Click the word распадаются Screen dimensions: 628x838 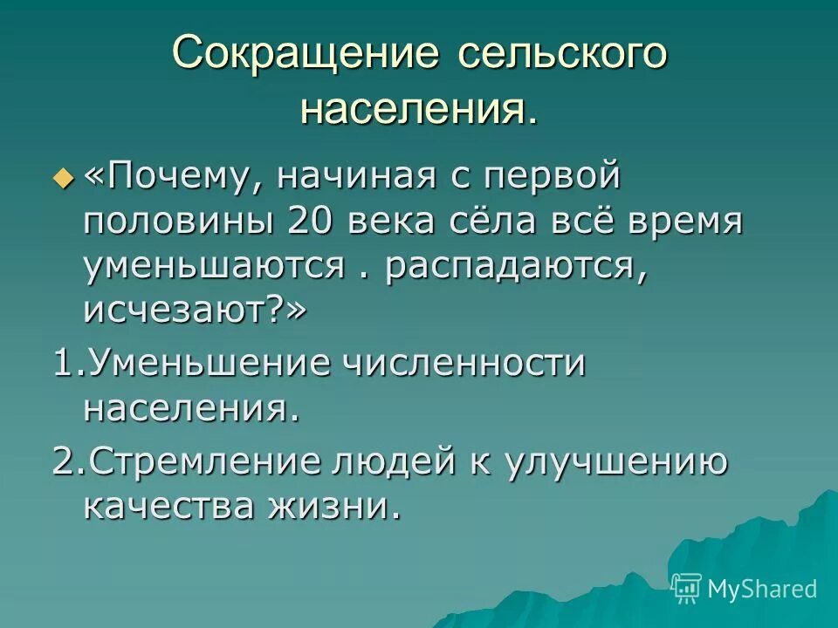(x=516, y=264)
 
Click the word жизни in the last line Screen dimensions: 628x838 (x=342, y=506)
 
